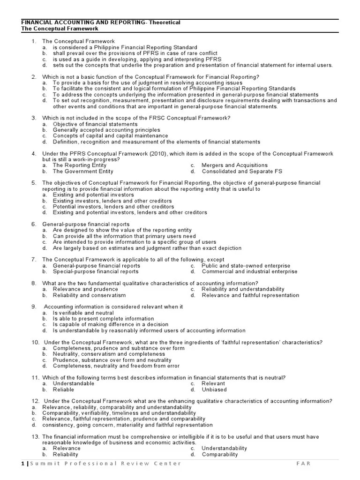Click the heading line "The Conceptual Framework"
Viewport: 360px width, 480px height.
[60, 29]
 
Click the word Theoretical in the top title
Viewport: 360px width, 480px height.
[163, 22]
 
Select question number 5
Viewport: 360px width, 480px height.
[34, 183]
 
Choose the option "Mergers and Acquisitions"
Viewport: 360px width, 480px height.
[234, 165]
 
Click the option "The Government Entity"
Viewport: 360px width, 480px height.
[83, 171]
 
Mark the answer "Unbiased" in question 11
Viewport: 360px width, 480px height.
[214, 390]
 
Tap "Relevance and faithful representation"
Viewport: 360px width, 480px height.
[250, 295]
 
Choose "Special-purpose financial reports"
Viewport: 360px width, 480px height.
[96, 271]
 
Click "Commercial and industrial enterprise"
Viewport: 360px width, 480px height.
[249, 271]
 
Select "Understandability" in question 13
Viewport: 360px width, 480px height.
[224, 448]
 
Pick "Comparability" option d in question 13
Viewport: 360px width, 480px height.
[220, 454]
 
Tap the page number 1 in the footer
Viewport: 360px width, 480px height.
[22, 464]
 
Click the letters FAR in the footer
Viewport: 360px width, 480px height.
[303, 464]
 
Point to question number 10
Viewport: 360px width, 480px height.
[35, 342]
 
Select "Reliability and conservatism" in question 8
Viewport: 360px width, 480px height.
[89, 295]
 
